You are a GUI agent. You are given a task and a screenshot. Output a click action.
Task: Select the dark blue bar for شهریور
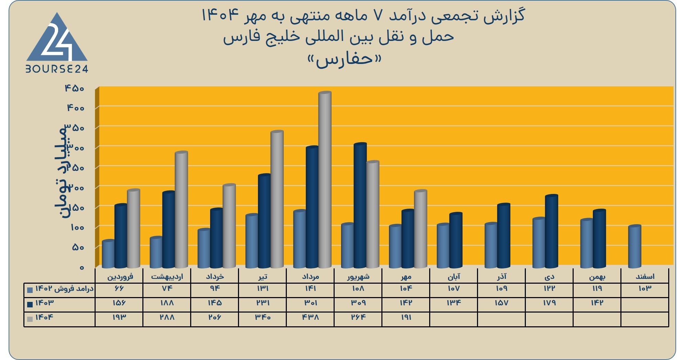pos(360,205)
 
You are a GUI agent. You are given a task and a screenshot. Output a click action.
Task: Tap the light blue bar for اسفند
pos(635,246)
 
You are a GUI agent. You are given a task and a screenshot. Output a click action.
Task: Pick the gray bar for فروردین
pos(133,228)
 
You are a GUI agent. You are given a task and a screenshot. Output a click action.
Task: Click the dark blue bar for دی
pos(551,231)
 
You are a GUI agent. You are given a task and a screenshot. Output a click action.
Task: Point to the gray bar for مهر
pos(420,229)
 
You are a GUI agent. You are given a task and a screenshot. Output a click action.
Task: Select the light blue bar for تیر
pos(252,241)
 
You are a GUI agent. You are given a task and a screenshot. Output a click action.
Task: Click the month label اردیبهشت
pos(167,276)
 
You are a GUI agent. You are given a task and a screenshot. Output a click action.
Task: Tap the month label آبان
pos(454,276)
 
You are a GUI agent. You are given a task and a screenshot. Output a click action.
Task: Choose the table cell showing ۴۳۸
pos(310,317)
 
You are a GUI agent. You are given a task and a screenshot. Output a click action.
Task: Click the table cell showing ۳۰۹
pos(358,303)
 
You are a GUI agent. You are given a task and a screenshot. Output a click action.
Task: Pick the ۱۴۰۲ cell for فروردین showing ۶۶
pos(119,288)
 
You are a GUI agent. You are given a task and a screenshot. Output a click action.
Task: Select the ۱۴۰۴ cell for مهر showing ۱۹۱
pos(406,317)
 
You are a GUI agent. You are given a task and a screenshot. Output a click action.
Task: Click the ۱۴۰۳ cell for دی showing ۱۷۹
pos(549,303)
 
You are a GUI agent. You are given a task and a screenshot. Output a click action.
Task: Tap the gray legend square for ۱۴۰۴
pos(30,319)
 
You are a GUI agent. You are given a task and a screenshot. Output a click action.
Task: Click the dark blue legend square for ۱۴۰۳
pos(30,304)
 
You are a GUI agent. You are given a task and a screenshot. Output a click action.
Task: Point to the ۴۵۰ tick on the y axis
pos(75,88)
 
